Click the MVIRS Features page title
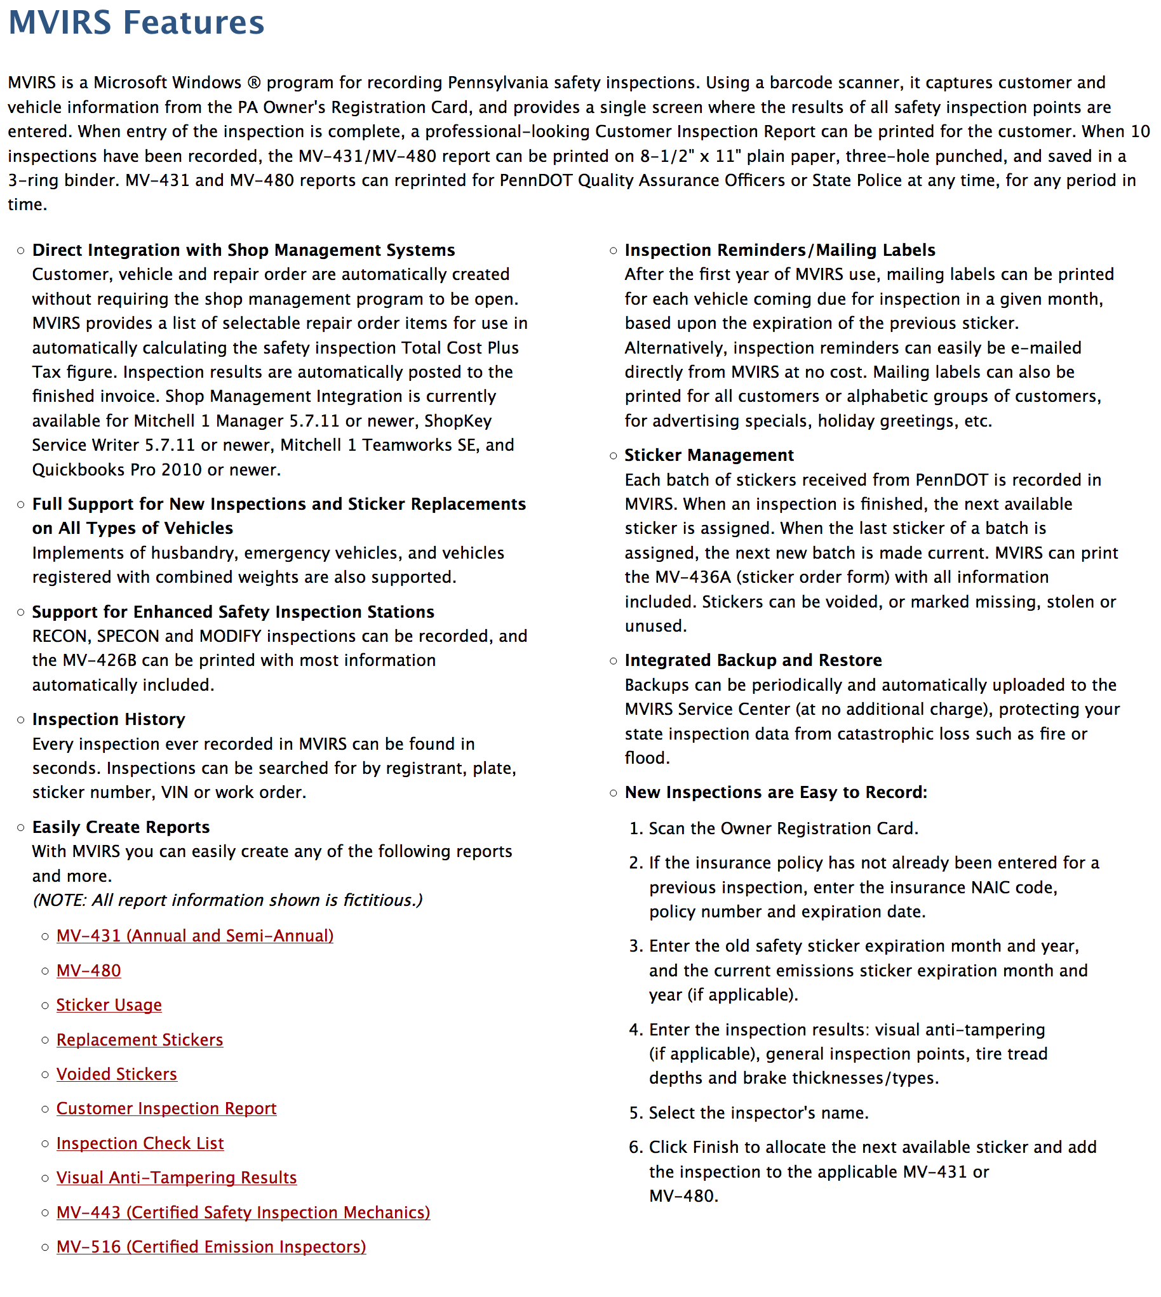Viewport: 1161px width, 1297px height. click(x=136, y=23)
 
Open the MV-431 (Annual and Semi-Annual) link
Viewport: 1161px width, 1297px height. click(x=194, y=935)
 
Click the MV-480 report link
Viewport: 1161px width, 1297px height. click(x=89, y=971)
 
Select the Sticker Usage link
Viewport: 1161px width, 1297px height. click(x=109, y=1005)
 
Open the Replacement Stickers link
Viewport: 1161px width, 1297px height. click(x=140, y=1039)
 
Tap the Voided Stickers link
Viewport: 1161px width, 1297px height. click(x=117, y=1074)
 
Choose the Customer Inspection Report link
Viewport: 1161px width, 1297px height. click(x=166, y=1108)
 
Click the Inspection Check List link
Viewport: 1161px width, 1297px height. click(x=140, y=1143)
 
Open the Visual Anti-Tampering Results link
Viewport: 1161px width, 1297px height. click(x=177, y=1178)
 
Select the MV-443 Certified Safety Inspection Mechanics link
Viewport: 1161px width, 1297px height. click(x=243, y=1212)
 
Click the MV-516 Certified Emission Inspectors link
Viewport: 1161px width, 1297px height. click(x=211, y=1247)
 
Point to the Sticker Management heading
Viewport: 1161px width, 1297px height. click(x=709, y=455)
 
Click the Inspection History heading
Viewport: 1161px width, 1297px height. click(x=109, y=719)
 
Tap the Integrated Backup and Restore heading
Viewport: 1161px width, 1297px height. click(x=753, y=660)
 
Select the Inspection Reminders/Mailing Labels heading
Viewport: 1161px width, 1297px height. click(x=779, y=250)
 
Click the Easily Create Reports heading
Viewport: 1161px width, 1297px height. click(x=121, y=827)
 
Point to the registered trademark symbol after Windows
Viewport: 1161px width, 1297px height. click(x=254, y=83)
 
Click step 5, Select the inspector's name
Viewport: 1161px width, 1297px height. click(x=758, y=1113)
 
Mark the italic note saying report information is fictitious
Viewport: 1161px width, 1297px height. click(x=227, y=900)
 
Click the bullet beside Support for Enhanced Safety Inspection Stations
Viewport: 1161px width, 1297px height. click(x=21, y=612)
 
